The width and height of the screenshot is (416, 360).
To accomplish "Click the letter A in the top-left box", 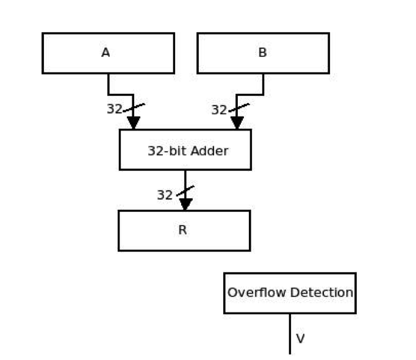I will pos(106,53).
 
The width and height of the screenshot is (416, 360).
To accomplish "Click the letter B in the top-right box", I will pos(262,53).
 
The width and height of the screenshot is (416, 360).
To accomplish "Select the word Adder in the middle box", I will pos(209,151).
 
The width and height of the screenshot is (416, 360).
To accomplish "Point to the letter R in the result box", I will pos(182,231).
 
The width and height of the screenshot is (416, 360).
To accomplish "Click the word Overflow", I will pos(251,292).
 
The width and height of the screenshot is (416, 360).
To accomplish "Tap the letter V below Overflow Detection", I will pos(300,338).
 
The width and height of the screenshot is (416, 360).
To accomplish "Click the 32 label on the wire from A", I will pos(114,109).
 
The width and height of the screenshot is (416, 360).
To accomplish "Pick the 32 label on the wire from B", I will pos(219,110).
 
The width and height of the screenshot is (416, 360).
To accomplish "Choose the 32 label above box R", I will pos(165,195).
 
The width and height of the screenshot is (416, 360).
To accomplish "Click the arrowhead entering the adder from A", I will pos(133,123).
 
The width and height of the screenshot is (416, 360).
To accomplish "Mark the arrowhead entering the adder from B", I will pos(237,123).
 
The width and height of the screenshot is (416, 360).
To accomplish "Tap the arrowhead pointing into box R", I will pos(185,204).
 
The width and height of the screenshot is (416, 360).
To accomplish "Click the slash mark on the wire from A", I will pos(134,109).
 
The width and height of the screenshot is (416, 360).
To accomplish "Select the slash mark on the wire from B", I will pos(238,109).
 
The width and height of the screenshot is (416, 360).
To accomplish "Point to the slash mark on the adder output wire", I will pos(185,192).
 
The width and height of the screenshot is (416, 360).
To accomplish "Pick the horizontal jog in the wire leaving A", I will pos(121,95).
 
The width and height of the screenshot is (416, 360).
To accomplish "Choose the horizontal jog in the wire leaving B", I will pos(250,95).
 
